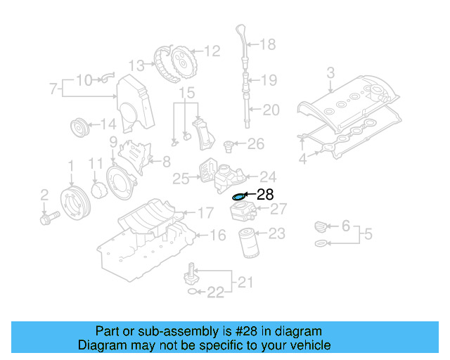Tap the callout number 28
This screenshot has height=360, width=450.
[x=265, y=195]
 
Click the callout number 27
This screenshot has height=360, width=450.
[x=278, y=210]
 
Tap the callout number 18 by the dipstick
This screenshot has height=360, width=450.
[x=268, y=45]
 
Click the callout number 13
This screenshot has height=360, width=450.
[x=136, y=65]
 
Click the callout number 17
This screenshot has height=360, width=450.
[x=205, y=212]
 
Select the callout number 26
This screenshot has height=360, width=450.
[x=256, y=144]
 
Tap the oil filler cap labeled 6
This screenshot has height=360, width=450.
[x=321, y=227]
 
